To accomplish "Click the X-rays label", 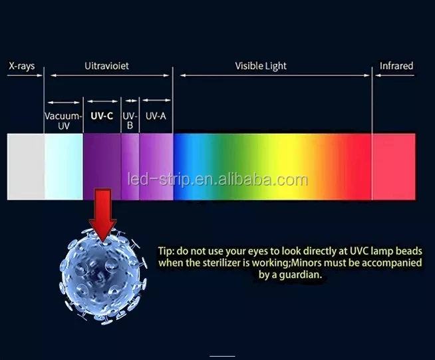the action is [x=22, y=66].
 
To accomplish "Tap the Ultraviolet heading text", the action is [x=106, y=66].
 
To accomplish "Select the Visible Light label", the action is [x=261, y=66].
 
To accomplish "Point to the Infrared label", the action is [x=396, y=66].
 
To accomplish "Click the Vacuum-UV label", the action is [x=64, y=120].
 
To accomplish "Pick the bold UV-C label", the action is [x=102, y=116].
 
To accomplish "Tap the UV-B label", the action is [x=130, y=120].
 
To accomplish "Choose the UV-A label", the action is [x=156, y=116].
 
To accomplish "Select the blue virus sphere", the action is [x=102, y=277].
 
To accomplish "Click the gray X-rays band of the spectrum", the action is [x=26, y=166].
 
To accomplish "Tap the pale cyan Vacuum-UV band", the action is [x=64, y=166].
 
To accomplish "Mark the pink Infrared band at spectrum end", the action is [x=394, y=166].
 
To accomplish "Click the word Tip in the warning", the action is [x=166, y=251].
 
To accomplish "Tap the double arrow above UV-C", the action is [x=102, y=101].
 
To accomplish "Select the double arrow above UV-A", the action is [x=156, y=100].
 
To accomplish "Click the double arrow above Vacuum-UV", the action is [x=64, y=102].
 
